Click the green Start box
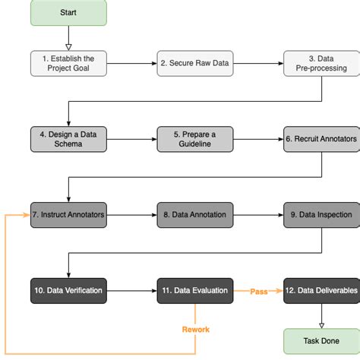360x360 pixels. tap(68, 13)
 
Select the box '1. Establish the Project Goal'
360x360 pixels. tap(68, 63)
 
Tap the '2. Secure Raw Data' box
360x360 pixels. tap(194, 63)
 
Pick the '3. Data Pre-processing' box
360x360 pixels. tap(321, 63)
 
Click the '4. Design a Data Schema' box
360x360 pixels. tap(68, 138)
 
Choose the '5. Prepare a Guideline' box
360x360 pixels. tap(194, 138)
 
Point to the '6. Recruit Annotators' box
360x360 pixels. tap(321, 138)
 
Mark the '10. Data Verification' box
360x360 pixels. tap(68, 290)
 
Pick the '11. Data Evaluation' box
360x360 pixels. tap(194, 290)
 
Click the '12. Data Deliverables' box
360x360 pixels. tap(321, 290)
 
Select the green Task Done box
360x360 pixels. tap(321, 342)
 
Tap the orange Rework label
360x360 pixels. tap(195, 330)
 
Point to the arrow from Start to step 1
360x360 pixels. tap(68, 38)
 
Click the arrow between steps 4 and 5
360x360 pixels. tap(131, 138)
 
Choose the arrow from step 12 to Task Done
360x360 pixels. tap(321, 316)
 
